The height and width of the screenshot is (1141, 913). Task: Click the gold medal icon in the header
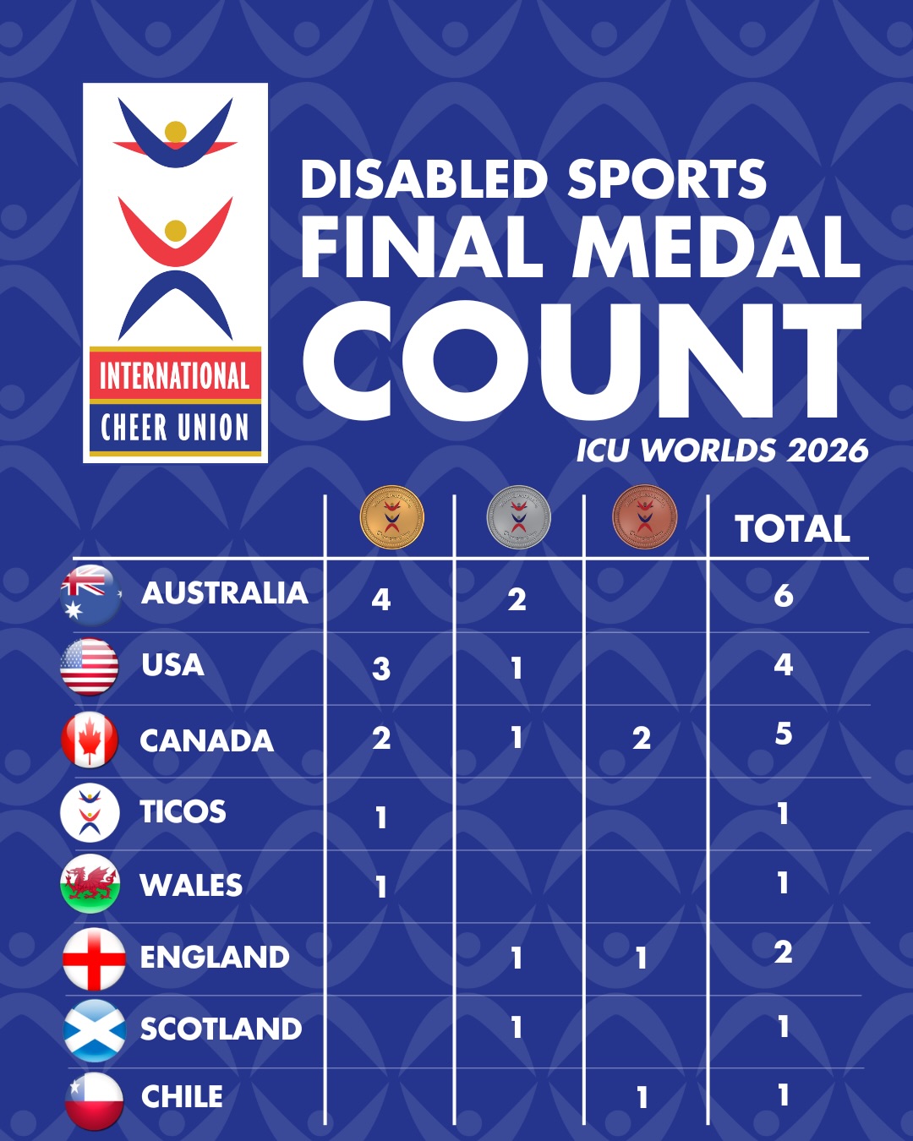pos(391,517)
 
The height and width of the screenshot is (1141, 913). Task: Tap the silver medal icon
pos(518,517)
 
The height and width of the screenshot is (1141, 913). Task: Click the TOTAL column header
pos(792,529)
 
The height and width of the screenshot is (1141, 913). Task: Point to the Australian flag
pos(90,594)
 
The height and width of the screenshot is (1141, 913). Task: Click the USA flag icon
pos(90,667)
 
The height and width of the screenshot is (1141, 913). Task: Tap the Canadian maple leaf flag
pos(90,740)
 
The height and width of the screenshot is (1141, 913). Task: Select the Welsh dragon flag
pos(90,884)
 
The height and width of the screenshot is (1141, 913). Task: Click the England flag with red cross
pos(94,958)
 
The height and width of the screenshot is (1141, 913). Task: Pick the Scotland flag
pos(95,1029)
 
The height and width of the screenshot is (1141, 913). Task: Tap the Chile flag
pos(94,1100)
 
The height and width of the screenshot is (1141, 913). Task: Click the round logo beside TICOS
pos(90,812)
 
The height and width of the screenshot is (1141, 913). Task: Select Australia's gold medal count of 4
pos(381,599)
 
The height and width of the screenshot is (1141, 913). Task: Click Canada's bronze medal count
pos(642,739)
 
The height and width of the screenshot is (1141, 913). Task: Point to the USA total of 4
pos(783,665)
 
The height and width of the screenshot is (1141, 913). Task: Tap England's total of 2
pos(783,953)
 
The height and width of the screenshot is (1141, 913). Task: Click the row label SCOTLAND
pos(221,1029)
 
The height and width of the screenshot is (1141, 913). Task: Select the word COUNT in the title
pos(582,362)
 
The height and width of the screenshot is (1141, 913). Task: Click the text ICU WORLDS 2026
pos(722,450)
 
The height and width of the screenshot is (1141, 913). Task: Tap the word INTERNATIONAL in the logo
pos(175,376)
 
